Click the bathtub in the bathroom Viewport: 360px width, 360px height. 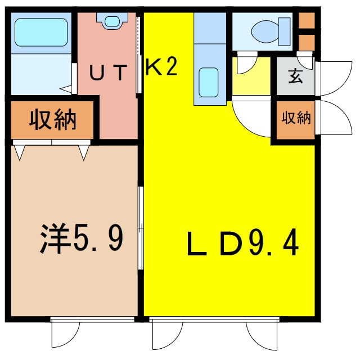[40, 32]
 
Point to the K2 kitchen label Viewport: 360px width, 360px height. [161, 68]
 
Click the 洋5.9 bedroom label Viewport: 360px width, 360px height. [82, 238]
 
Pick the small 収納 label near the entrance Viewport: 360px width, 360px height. [296, 119]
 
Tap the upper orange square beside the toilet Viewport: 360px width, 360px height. [307, 21]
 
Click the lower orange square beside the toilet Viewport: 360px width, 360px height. [307, 43]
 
